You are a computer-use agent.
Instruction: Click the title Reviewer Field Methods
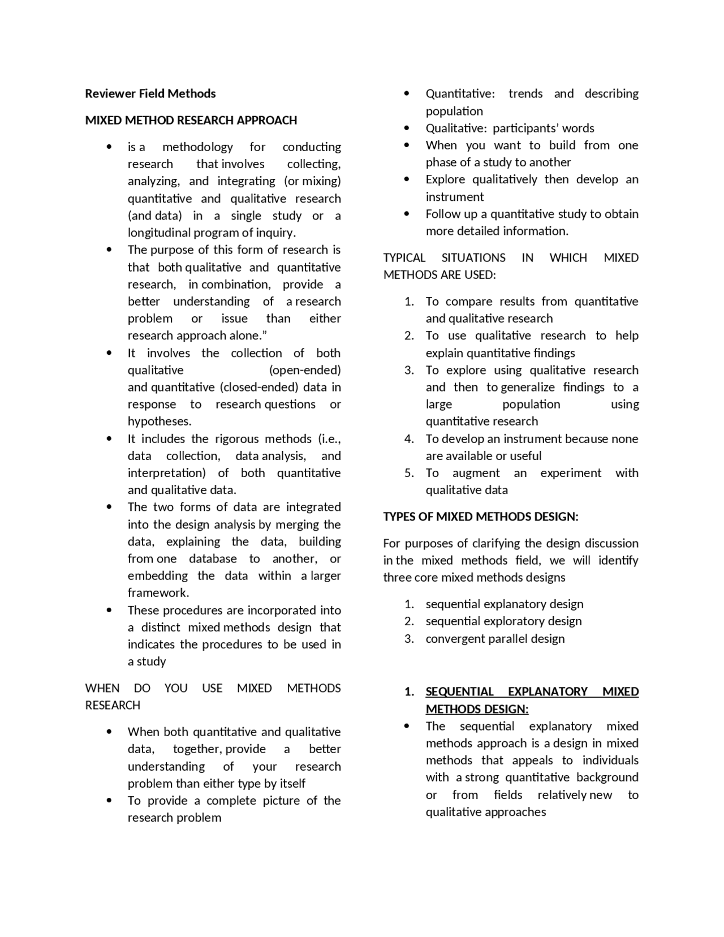click(150, 93)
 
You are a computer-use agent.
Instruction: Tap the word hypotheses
click(159, 422)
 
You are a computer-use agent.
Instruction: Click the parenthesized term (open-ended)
click(305, 370)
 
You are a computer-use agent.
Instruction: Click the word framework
click(158, 593)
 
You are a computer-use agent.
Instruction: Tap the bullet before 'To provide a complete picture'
click(109, 801)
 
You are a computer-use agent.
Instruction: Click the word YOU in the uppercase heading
click(176, 689)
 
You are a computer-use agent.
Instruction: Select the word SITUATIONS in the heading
click(473, 258)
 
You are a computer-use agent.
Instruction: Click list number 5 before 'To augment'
click(410, 473)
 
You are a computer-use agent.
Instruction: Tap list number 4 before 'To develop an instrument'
click(410, 439)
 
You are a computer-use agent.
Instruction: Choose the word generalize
click(528, 388)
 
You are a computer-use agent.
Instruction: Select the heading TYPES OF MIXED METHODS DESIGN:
click(481, 517)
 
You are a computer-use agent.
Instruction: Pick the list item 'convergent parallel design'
click(495, 639)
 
